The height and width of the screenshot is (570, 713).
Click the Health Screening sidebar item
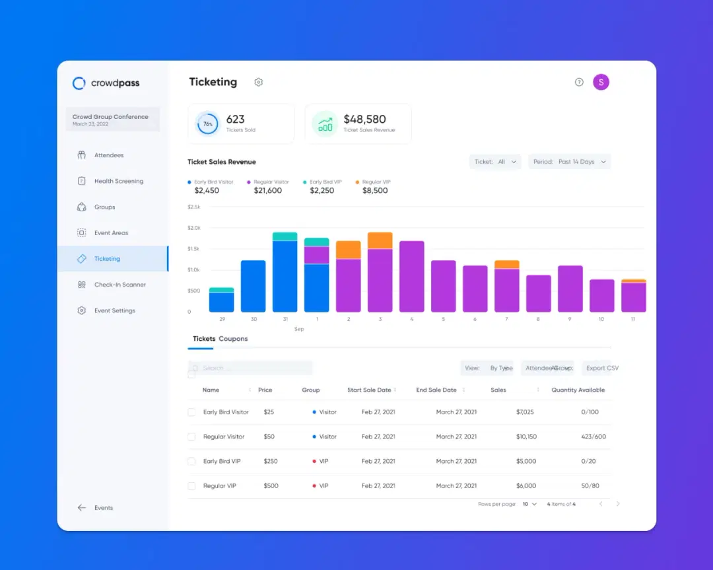click(x=118, y=181)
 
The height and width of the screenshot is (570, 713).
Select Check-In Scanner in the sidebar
click(x=119, y=285)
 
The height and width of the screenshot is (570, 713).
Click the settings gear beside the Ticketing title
click(x=259, y=83)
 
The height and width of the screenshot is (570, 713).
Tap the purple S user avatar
click(x=601, y=82)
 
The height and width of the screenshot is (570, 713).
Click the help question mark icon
click(x=579, y=83)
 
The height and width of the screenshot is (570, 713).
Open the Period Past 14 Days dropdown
click(x=569, y=162)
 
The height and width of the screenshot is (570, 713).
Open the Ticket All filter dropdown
click(x=495, y=162)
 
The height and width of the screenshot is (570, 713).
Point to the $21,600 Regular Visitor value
click(x=267, y=191)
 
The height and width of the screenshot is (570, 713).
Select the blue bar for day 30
click(x=253, y=286)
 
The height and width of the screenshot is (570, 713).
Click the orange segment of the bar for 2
click(x=348, y=250)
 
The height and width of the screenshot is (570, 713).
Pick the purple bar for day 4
click(x=411, y=276)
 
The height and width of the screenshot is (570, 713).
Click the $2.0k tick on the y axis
click(x=194, y=228)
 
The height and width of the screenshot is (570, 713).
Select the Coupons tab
click(x=233, y=339)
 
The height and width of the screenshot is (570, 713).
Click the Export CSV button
click(x=602, y=368)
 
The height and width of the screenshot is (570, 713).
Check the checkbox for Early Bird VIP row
click(x=191, y=461)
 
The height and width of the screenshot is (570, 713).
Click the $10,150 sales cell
click(x=526, y=437)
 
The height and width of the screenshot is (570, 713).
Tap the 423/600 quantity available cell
click(x=593, y=437)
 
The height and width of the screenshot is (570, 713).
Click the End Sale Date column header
click(x=436, y=390)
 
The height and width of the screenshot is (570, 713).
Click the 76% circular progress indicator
click(x=208, y=124)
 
